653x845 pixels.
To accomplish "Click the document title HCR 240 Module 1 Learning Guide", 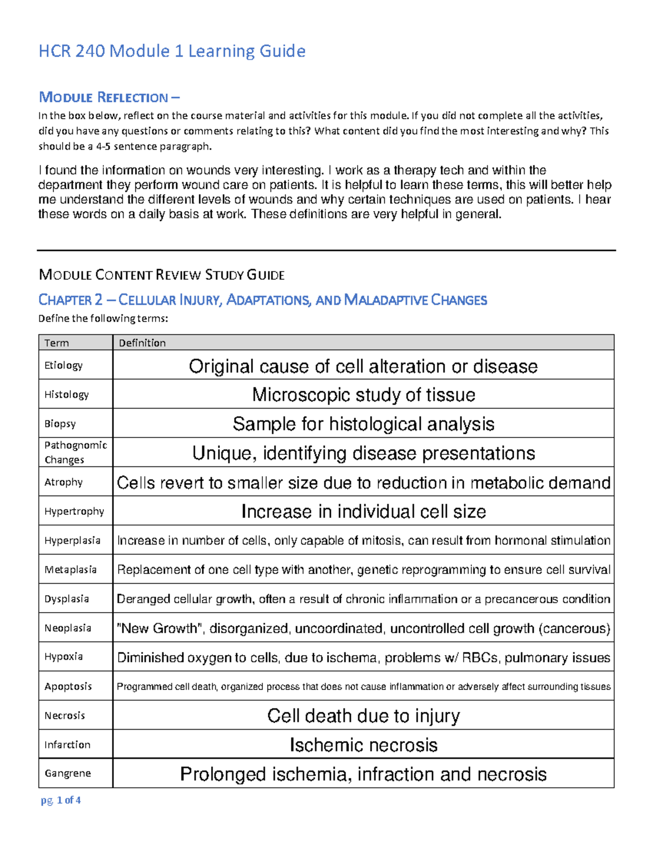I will [x=172, y=51].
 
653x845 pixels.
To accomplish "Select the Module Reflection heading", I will [x=109, y=97].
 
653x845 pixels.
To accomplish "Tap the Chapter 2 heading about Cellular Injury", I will [x=262, y=300].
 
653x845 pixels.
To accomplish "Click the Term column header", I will [x=57, y=343].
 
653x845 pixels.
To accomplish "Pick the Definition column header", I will [x=142, y=343].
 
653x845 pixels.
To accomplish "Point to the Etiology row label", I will [x=63, y=365].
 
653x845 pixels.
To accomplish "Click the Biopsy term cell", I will [x=60, y=423].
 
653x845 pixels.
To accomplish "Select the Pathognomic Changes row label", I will [x=75, y=452].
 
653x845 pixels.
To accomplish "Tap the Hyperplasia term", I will [x=72, y=540].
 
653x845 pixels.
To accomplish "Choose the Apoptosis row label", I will [x=68, y=686].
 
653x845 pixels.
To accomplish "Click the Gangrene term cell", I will [x=67, y=773].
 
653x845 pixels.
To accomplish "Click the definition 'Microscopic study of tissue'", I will [x=364, y=394].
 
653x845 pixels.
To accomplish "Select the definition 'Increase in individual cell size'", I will [x=364, y=511].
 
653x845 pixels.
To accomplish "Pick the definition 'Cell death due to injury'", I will [x=364, y=716].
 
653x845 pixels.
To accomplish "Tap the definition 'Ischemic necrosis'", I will [x=364, y=745].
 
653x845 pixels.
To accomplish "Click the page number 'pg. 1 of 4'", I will [x=61, y=800].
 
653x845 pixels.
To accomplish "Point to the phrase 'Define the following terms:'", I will [x=103, y=318].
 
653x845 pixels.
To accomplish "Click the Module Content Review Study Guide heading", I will [x=162, y=275].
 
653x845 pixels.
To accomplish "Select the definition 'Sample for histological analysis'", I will [x=364, y=424].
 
